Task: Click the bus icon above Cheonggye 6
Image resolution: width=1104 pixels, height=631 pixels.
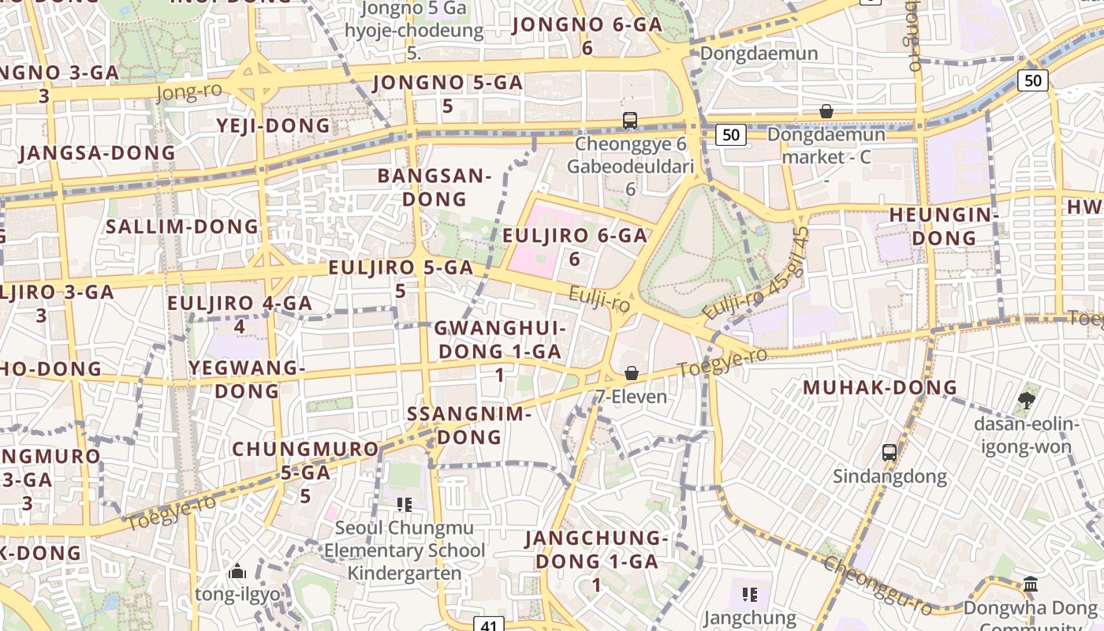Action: click(629, 120)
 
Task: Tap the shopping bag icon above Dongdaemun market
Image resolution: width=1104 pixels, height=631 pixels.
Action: click(826, 111)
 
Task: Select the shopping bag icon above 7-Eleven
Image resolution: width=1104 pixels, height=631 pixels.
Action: click(631, 373)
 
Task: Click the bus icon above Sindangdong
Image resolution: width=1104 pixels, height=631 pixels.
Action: click(890, 453)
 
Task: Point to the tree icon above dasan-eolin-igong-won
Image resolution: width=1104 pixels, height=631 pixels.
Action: click(1026, 401)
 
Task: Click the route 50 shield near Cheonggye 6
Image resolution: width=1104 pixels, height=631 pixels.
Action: click(731, 135)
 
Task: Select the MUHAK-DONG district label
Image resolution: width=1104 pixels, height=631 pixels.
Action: click(880, 387)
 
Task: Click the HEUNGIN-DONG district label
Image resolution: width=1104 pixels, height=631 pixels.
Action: click(944, 226)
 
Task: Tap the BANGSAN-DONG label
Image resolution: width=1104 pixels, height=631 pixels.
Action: click(435, 187)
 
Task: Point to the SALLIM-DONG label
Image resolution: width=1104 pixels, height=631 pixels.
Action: click(182, 226)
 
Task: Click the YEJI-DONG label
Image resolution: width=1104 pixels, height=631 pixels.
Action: click(273, 125)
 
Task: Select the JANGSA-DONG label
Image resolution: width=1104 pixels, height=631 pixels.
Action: click(97, 152)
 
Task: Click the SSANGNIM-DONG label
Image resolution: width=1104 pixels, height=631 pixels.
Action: click(469, 424)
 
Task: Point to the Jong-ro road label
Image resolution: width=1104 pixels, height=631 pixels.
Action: click(189, 91)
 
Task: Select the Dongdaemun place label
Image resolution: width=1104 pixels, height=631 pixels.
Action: click(759, 53)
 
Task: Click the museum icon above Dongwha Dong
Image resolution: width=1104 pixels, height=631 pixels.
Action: click(1030, 584)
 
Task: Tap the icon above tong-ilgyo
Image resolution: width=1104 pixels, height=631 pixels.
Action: click(237, 571)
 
